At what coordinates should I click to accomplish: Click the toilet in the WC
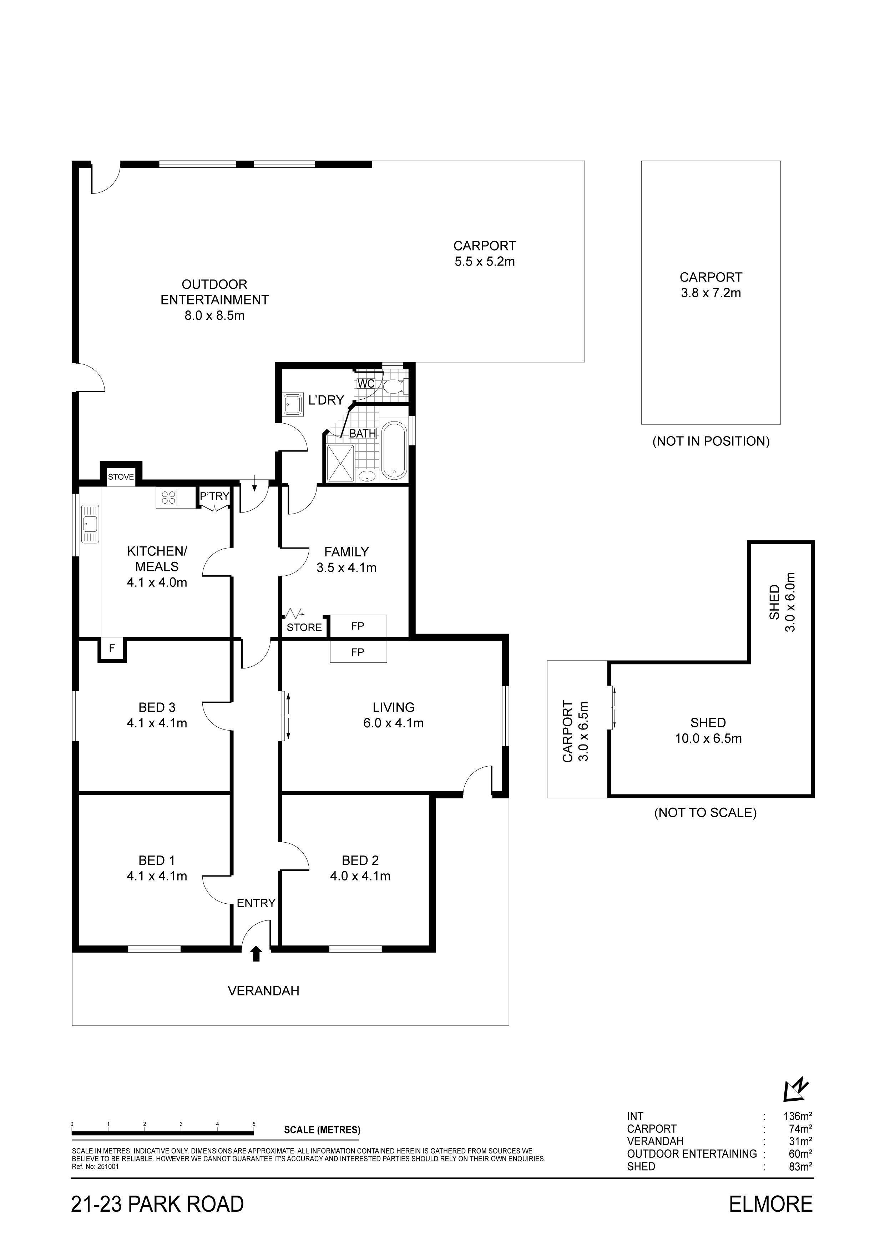[393, 387]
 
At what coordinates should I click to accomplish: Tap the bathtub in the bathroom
[394, 451]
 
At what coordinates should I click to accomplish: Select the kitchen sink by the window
[90, 524]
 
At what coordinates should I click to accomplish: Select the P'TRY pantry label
[214, 496]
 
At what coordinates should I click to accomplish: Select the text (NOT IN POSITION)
[711, 441]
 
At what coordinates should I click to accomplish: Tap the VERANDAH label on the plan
[263, 991]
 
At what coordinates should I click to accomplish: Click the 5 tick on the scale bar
[254, 1124]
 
